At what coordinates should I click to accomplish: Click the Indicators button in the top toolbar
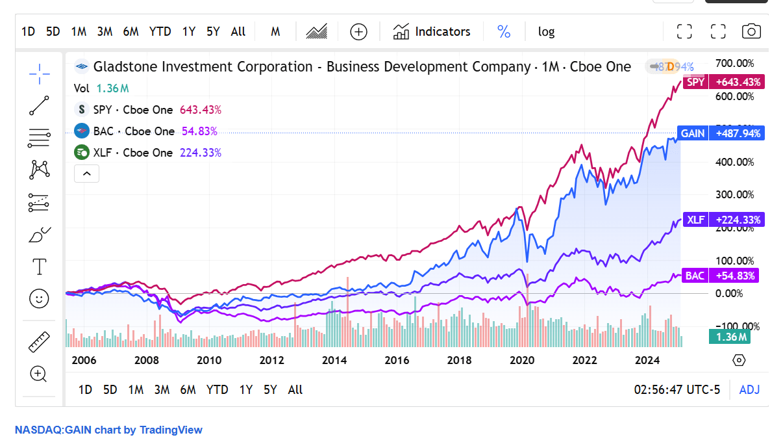click(x=432, y=31)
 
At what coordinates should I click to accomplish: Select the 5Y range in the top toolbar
click(x=213, y=31)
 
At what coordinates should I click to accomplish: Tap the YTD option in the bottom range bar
click(x=217, y=389)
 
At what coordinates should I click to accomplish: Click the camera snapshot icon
click(x=751, y=31)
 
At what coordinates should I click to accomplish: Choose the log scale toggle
click(x=546, y=31)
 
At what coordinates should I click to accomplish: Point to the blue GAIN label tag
click(x=693, y=133)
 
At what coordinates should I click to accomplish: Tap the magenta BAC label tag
click(x=695, y=276)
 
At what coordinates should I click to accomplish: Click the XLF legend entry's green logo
click(x=82, y=153)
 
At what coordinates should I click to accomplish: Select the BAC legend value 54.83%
click(x=199, y=131)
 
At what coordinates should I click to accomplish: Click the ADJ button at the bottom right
click(x=749, y=389)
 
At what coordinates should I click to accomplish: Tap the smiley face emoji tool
click(x=40, y=298)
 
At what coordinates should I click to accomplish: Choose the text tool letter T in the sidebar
click(x=40, y=267)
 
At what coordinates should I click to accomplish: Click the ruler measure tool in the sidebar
click(x=40, y=341)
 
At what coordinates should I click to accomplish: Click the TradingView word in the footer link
click(x=171, y=430)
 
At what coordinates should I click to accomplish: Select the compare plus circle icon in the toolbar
click(x=358, y=31)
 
